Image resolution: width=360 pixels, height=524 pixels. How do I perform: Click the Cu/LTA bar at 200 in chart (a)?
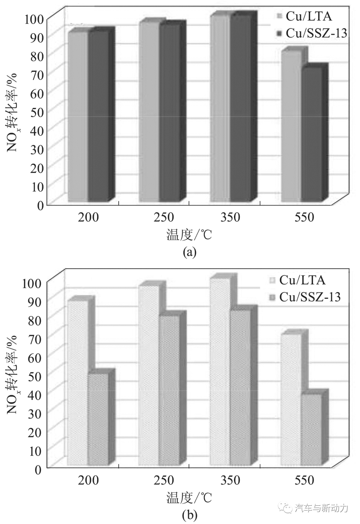coord(78,117)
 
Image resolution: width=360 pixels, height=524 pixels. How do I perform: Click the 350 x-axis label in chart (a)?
coord(230,217)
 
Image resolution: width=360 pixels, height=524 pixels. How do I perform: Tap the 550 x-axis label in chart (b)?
coord(304,480)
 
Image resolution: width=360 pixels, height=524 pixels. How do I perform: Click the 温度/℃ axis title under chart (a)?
coord(189,235)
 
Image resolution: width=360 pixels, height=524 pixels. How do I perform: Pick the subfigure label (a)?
coord(190,252)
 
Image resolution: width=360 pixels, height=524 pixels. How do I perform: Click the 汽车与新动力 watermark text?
coord(321,508)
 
